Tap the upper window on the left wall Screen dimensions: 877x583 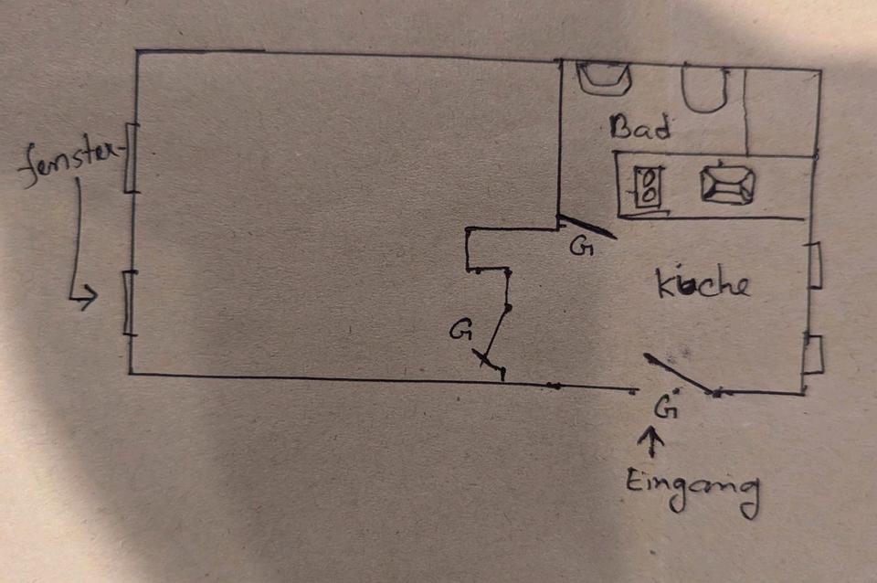131,157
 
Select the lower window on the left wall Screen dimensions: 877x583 130,302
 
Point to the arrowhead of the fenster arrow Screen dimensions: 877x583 88,296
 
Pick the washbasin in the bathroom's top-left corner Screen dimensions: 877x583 605,78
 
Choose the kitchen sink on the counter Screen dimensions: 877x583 727,184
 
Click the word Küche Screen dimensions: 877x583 703,284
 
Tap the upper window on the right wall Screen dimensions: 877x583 815,266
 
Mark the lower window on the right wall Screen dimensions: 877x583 813,354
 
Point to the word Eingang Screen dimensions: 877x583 692,491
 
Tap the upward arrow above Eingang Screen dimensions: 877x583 652,443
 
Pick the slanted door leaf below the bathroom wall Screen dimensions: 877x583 586,227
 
